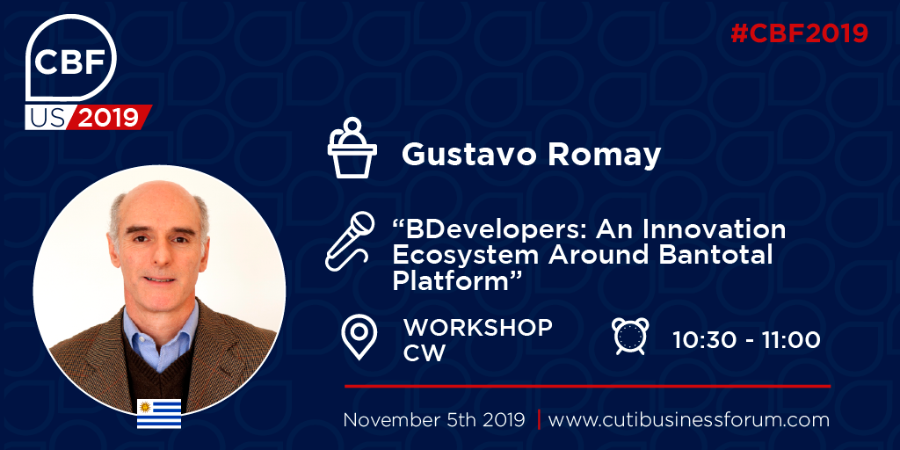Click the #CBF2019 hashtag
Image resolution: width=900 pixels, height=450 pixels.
click(x=799, y=33)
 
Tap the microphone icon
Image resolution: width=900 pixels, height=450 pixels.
click(x=350, y=241)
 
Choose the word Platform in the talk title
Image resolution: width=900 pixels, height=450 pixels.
click(x=452, y=279)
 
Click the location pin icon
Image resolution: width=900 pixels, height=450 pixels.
click(x=359, y=337)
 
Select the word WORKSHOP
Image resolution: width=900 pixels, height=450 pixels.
click(x=477, y=328)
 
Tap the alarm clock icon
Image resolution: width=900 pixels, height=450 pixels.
click(x=630, y=336)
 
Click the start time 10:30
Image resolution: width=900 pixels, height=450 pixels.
click(x=706, y=340)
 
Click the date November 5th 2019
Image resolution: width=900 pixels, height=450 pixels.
click(x=434, y=419)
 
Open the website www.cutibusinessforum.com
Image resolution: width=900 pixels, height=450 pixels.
click(x=689, y=419)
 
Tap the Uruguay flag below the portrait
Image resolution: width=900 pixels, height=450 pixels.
click(x=159, y=413)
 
